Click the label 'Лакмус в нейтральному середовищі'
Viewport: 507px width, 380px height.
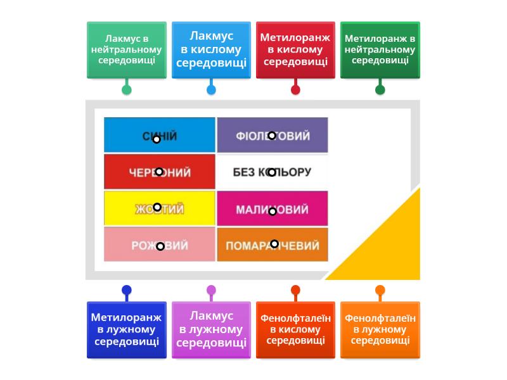point(127,50)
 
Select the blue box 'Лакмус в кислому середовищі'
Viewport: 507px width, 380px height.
point(211,50)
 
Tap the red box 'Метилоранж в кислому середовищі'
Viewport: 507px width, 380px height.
point(295,50)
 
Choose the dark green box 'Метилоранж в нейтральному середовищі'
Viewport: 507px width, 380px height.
point(380,50)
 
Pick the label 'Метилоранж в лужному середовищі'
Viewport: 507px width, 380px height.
point(127,330)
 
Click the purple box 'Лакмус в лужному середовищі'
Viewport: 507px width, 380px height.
point(211,330)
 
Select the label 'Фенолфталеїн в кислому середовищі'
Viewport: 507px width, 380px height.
point(295,330)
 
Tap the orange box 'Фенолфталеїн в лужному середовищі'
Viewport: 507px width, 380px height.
point(380,330)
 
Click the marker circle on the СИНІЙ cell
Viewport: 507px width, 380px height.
point(157,139)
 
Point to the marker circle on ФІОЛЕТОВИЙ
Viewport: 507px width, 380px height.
point(272,136)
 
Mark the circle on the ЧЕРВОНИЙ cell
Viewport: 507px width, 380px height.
point(159,172)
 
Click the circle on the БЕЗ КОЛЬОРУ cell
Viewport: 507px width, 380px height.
point(272,172)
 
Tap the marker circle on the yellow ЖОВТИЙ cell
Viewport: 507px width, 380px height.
point(157,207)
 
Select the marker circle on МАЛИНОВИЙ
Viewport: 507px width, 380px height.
point(273,212)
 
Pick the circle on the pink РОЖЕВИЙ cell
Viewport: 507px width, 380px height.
point(160,246)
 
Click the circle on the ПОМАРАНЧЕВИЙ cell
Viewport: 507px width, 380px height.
point(274,244)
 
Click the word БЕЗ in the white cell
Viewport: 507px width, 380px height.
point(244,172)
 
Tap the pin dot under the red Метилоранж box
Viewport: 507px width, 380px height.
point(295,90)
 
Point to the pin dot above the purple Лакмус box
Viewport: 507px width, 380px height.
point(211,290)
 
